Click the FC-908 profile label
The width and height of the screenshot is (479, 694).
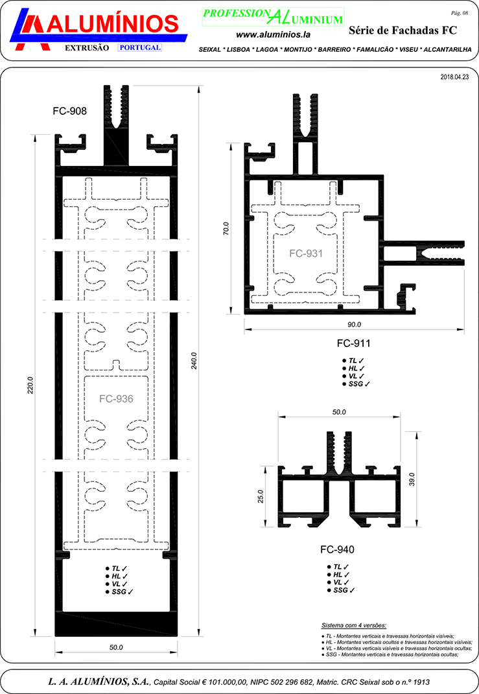[x=69, y=111]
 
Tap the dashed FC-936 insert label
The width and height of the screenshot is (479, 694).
[x=116, y=399]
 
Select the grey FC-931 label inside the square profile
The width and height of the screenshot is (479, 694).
[x=306, y=254]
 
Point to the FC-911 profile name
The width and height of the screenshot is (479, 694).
[x=354, y=343]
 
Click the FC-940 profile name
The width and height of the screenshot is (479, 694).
[x=338, y=549]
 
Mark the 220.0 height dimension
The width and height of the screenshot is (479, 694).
[x=30, y=385]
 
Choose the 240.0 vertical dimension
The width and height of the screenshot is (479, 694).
[x=194, y=361]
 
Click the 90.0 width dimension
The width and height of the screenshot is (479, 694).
[x=355, y=324]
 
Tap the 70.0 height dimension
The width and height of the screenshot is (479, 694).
[x=226, y=228]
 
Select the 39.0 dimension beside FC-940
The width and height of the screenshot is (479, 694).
[x=412, y=479]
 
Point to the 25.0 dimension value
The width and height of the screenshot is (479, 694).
[x=261, y=496]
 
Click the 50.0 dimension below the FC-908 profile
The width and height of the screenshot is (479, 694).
[x=116, y=647]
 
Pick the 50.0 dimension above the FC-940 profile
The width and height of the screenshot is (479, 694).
[x=339, y=412]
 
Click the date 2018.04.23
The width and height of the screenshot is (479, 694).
[x=454, y=77]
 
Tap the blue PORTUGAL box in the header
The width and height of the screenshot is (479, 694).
[x=140, y=48]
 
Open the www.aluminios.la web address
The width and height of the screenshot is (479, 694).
[x=273, y=34]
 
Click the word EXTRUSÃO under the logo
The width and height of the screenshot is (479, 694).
[x=87, y=48]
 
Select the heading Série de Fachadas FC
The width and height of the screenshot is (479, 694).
[x=403, y=30]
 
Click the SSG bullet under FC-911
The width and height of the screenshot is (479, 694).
[x=356, y=384]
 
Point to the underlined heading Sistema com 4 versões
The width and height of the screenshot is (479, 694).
[x=354, y=625]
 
